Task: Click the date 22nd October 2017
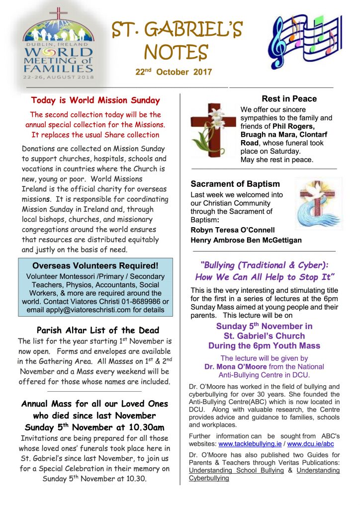tap(174, 72)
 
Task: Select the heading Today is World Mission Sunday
tap(95, 100)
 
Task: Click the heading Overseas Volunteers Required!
tap(95, 265)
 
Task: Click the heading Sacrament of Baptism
tap(235, 184)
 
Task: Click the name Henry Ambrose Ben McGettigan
tap(246, 240)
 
